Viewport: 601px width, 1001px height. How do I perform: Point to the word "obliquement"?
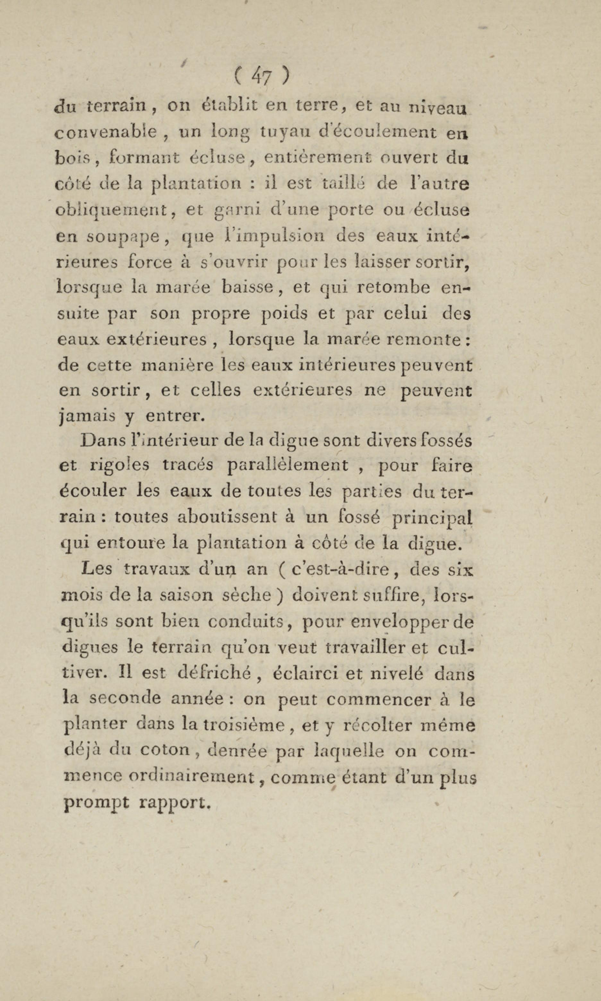pos(111,211)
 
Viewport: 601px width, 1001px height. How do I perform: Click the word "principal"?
pos(433,518)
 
